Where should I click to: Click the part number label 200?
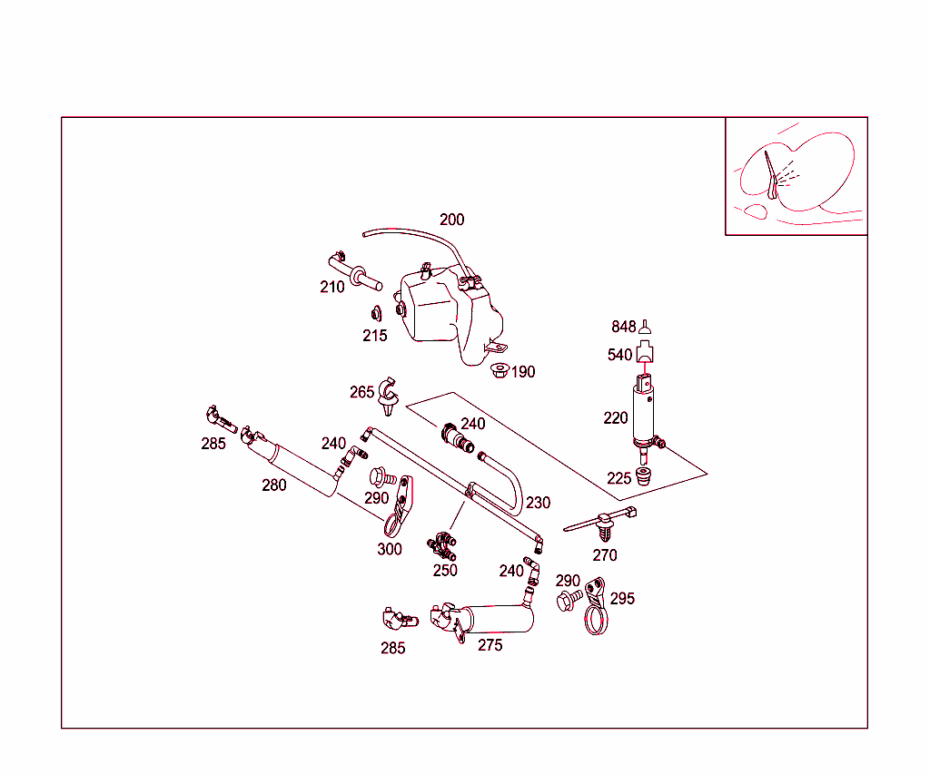click(x=452, y=220)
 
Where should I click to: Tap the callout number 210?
click(x=332, y=287)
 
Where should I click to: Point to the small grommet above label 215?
click(x=376, y=314)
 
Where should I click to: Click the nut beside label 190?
click(x=500, y=370)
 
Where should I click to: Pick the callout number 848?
click(x=623, y=327)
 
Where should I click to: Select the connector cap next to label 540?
click(x=645, y=352)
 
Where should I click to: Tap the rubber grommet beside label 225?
click(x=643, y=475)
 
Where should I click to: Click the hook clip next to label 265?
click(x=389, y=396)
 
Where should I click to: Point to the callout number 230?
click(x=538, y=503)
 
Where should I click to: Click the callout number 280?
click(x=274, y=485)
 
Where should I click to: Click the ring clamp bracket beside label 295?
click(x=596, y=606)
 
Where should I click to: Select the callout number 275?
click(x=490, y=645)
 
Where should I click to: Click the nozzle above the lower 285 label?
click(x=400, y=620)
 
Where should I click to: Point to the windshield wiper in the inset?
click(x=771, y=175)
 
